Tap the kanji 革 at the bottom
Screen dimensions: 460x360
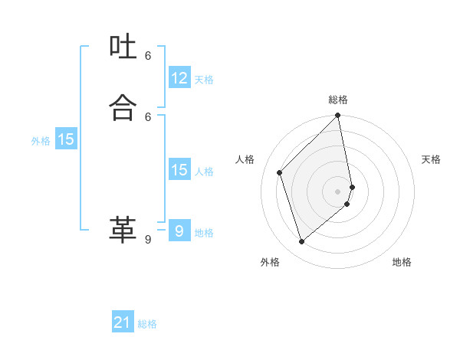(x=123, y=229)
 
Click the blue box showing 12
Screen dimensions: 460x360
(x=179, y=78)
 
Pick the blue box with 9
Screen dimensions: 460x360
(x=179, y=231)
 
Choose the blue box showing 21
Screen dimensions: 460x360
(x=123, y=322)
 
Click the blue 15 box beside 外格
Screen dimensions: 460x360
(x=66, y=139)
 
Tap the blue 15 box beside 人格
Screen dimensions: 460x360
(x=179, y=170)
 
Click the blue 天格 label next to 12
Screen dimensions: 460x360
(x=204, y=80)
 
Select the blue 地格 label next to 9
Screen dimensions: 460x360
(x=204, y=233)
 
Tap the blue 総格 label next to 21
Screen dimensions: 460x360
(x=147, y=325)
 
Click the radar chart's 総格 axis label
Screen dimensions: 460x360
(x=338, y=100)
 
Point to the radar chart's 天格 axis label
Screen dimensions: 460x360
(x=431, y=159)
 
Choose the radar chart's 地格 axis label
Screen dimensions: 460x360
(x=402, y=262)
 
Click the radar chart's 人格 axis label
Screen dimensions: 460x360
(x=245, y=159)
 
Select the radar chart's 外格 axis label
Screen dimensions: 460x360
(x=269, y=262)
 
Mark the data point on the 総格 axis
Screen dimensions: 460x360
(x=338, y=116)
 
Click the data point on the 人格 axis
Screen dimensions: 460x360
(x=280, y=172)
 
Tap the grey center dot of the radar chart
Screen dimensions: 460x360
(x=338, y=191)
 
